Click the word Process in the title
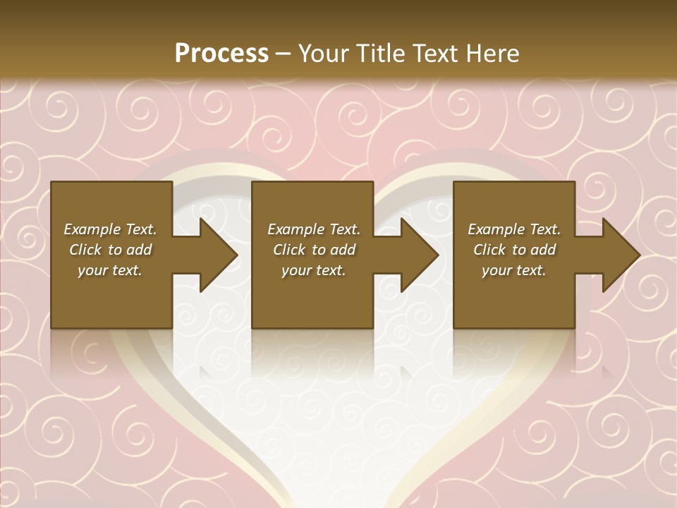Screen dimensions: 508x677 (x=221, y=54)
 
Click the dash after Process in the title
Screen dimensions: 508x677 (x=283, y=54)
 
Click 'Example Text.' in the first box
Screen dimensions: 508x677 (x=110, y=229)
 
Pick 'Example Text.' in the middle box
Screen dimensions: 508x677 (x=314, y=229)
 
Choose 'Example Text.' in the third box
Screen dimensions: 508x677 (x=514, y=229)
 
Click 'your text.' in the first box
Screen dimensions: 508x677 (x=110, y=270)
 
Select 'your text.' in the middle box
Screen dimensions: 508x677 (x=314, y=270)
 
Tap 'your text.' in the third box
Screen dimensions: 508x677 (x=514, y=270)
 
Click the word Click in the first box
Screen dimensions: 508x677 (x=85, y=250)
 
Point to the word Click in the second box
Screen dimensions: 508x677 (x=289, y=250)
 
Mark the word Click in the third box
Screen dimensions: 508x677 (x=489, y=250)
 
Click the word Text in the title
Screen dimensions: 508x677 (x=437, y=54)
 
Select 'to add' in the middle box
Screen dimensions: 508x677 (x=334, y=250)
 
